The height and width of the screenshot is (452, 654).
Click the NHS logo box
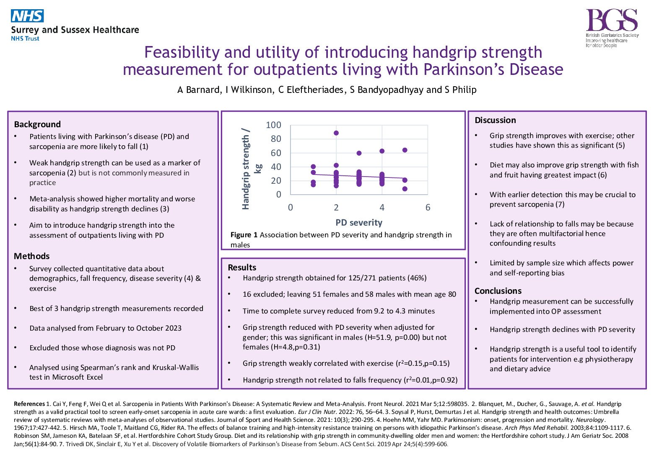pyautogui.click(x=27, y=16)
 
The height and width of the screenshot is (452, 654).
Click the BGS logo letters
pyautogui.click(x=612, y=21)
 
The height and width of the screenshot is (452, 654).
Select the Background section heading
pyautogui.click(x=37, y=124)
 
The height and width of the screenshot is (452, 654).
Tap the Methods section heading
pyautogui.click(x=31, y=256)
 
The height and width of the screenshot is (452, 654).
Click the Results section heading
pyautogui.click(x=242, y=267)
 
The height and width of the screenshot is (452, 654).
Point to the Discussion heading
pyautogui.click(x=495, y=120)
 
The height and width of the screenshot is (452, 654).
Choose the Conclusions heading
pyautogui.click(x=498, y=291)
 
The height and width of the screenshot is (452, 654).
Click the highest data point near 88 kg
pyautogui.click(x=336, y=133)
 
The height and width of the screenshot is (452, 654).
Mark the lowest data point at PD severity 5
pyautogui.click(x=405, y=189)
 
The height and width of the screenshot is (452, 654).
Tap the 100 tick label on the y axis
pyautogui.click(x=273, y=125)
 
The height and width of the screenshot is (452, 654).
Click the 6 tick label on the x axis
pyautogui.click(x=428, y=208)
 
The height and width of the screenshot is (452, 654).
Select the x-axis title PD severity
pyautogui.click(x=359, y=223)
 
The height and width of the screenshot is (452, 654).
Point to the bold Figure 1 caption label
pyautogui.click(x=244, y=235)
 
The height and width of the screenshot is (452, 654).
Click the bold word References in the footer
pyautogui.click(x=29, y=404)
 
